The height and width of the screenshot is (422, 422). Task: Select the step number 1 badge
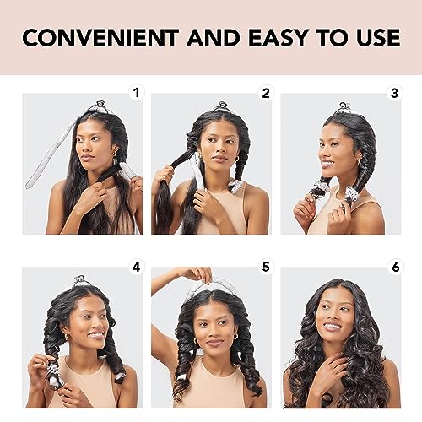(135, 92)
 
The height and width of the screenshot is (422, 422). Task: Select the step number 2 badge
(264, 92)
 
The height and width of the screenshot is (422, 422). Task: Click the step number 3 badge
(393, 92)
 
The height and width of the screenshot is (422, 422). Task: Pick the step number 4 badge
(135, 267)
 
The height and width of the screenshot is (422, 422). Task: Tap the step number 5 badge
(264, 267)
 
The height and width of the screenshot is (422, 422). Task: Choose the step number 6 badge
(393, 267)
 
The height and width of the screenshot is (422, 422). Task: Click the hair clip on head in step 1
(100, 106)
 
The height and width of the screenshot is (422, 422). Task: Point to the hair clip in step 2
(222, 107)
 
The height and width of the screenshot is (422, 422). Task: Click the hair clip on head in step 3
(344, 108)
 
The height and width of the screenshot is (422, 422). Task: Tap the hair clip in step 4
(79, 280)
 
